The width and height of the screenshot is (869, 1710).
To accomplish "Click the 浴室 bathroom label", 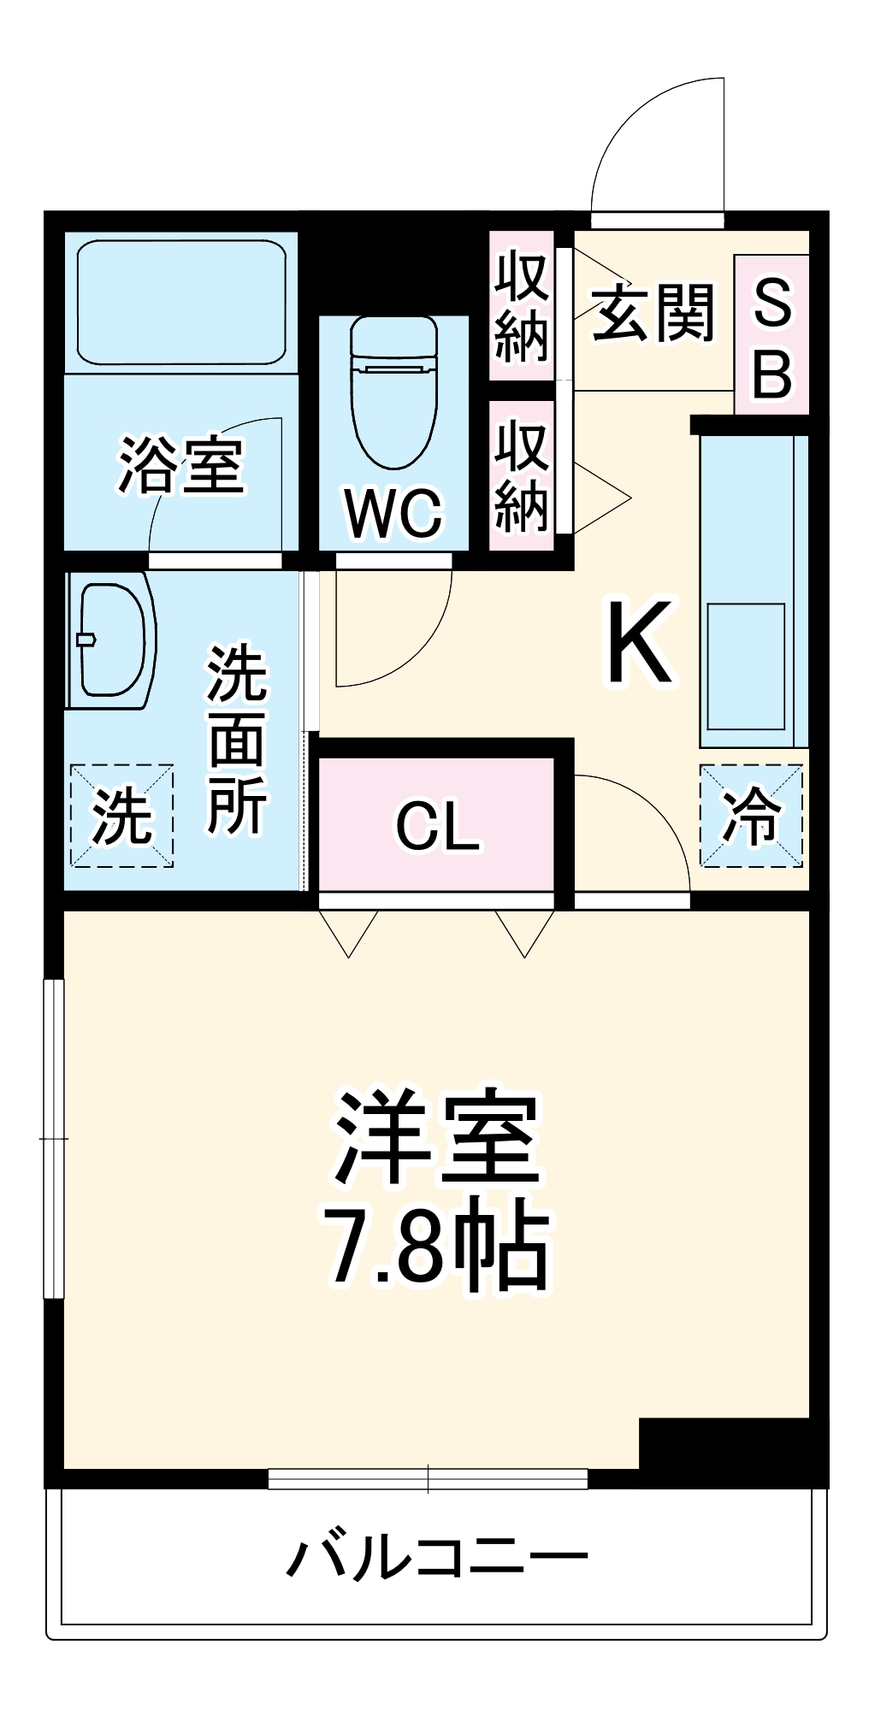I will [x=180, y=466].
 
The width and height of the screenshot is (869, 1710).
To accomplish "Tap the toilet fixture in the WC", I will [x=393, y=389].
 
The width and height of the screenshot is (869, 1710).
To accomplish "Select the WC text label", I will [x=393, y=513].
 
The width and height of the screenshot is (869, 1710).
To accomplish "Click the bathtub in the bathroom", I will [x=180, y=301].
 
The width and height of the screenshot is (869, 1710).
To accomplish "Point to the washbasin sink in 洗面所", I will [x=111, y=640].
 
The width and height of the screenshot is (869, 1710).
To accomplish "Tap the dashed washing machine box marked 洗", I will [x=121, y=815].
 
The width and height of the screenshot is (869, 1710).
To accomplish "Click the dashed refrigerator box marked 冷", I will [x=751, y=815].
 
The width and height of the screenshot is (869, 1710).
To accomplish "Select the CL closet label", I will [x=437, y=826].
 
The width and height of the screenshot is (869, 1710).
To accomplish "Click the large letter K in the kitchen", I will [x=640, y=642].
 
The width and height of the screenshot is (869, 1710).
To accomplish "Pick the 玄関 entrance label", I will [x=653, y=313].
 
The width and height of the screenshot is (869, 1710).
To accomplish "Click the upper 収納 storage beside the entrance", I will [x=521, y=305].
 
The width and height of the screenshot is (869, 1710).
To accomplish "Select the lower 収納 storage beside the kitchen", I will [x=521, y=475].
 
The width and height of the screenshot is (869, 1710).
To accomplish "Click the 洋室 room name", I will [x=436, y=1136].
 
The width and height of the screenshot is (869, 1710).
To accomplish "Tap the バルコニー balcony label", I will [x=436, y=1557].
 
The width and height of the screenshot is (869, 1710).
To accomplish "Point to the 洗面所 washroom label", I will [x=237, y=740].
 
